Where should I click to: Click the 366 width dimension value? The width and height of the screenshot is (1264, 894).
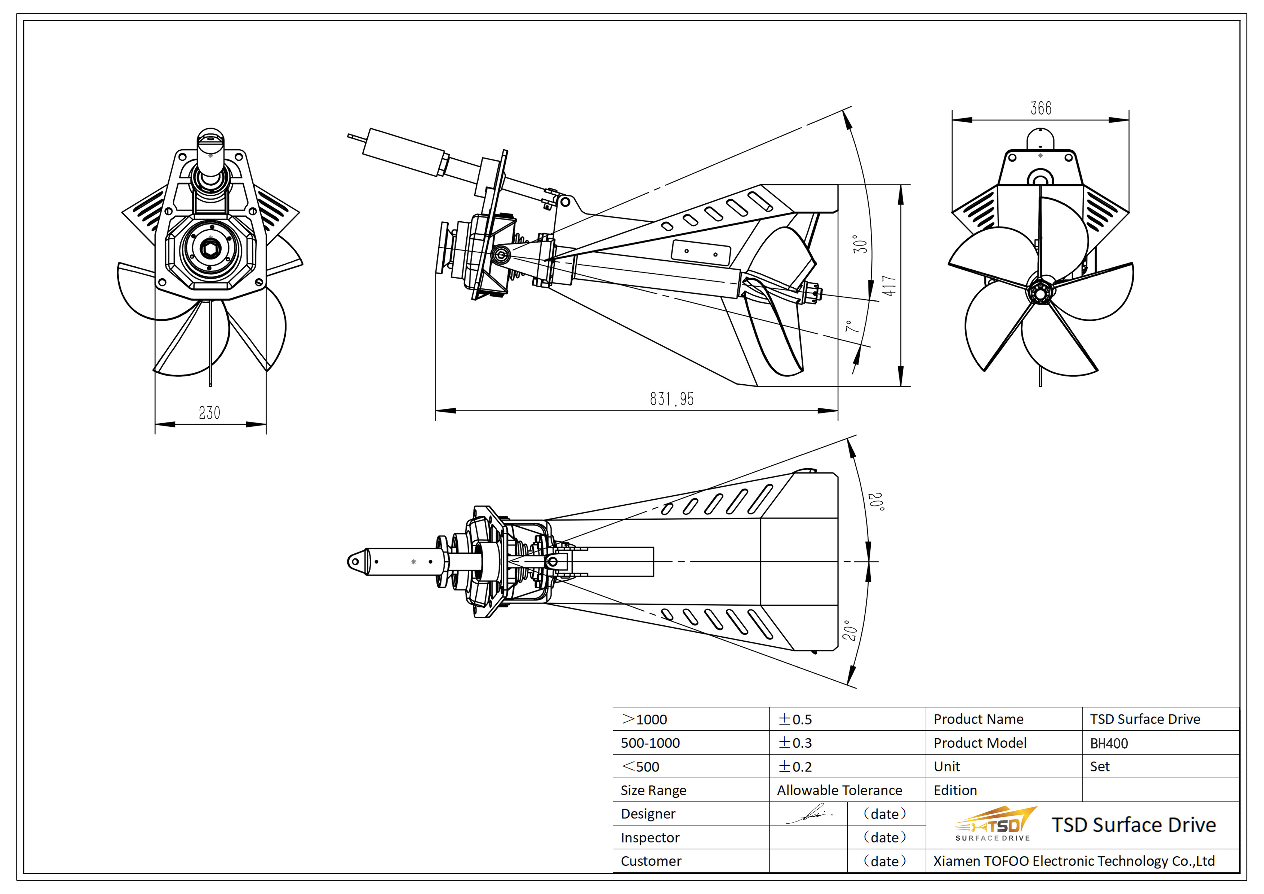(1041, 109)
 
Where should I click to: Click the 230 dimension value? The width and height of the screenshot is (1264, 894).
(209, 412)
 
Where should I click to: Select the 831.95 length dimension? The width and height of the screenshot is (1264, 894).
(671, 399)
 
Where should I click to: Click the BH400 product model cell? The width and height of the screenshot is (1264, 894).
(1109, 743)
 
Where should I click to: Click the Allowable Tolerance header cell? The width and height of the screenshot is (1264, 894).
(839, 790)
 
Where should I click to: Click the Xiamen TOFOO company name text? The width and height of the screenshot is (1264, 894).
(1074, 861)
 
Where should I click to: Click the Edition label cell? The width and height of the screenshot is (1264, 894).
(955, 790)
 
